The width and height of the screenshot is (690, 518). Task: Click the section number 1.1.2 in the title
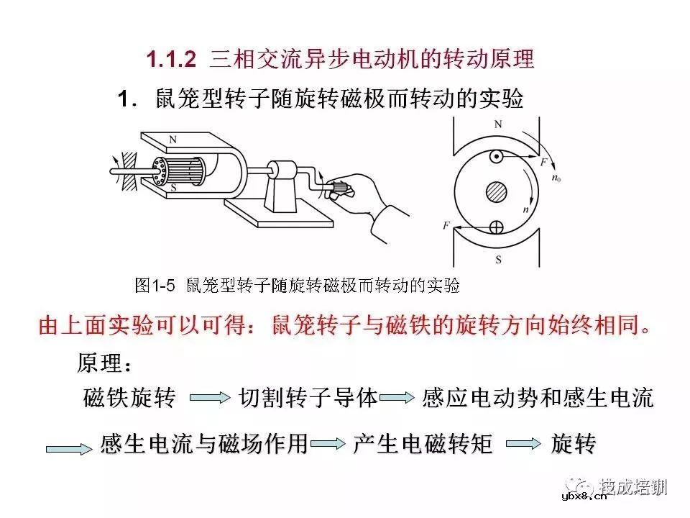[x=171, y=59]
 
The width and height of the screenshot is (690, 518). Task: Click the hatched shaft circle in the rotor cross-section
[x=495, y=192]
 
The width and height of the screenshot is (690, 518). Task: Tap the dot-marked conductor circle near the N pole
[x=495, y=157]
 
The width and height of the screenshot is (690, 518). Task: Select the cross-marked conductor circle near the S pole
[x=495, y=228]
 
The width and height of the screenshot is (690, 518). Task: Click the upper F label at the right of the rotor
[x=543, y=163]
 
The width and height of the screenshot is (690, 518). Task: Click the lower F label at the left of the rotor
[x=447, y=226]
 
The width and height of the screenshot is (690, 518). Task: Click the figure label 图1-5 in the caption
[x=155, y=286]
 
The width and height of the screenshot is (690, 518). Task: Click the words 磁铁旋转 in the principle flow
[x=129, y=398]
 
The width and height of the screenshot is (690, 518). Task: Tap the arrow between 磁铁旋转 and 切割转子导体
[x=210, y=398]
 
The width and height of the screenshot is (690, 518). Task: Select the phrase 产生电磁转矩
[x=423, y=444]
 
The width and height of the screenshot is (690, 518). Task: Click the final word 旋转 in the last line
[x=573, y=444]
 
